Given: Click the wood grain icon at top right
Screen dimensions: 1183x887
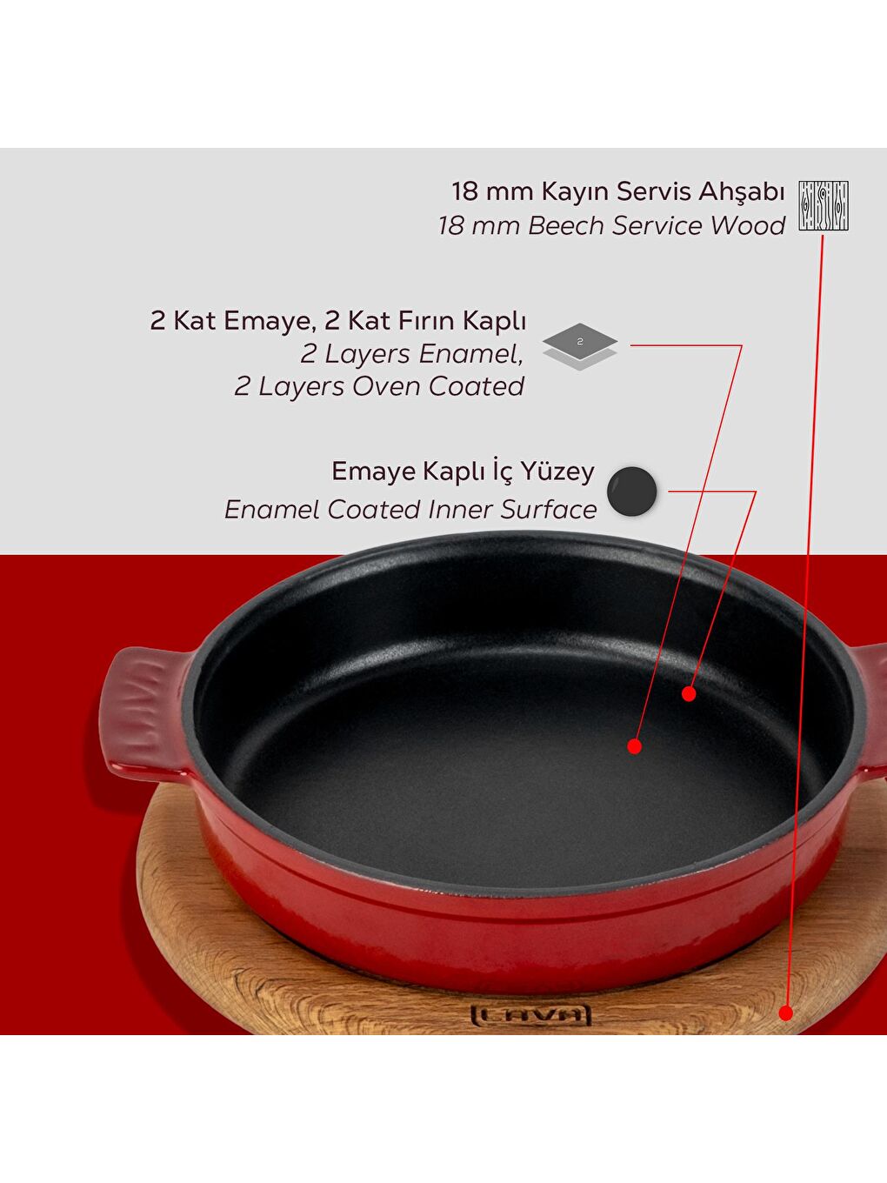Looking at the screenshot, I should (x=824, y=205).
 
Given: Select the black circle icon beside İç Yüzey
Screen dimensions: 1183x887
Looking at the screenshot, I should (x=631, y=491).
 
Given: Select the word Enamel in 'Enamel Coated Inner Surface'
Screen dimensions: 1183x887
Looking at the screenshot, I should (x=271, y=509).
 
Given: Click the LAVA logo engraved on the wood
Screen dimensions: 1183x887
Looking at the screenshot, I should (x=530, y=1014).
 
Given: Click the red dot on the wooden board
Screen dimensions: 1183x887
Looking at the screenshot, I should (x=785, y=1013).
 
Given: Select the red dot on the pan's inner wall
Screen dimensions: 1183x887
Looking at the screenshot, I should (x=689, y=693).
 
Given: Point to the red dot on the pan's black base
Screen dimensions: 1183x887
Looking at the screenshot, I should (x=634, y=745).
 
